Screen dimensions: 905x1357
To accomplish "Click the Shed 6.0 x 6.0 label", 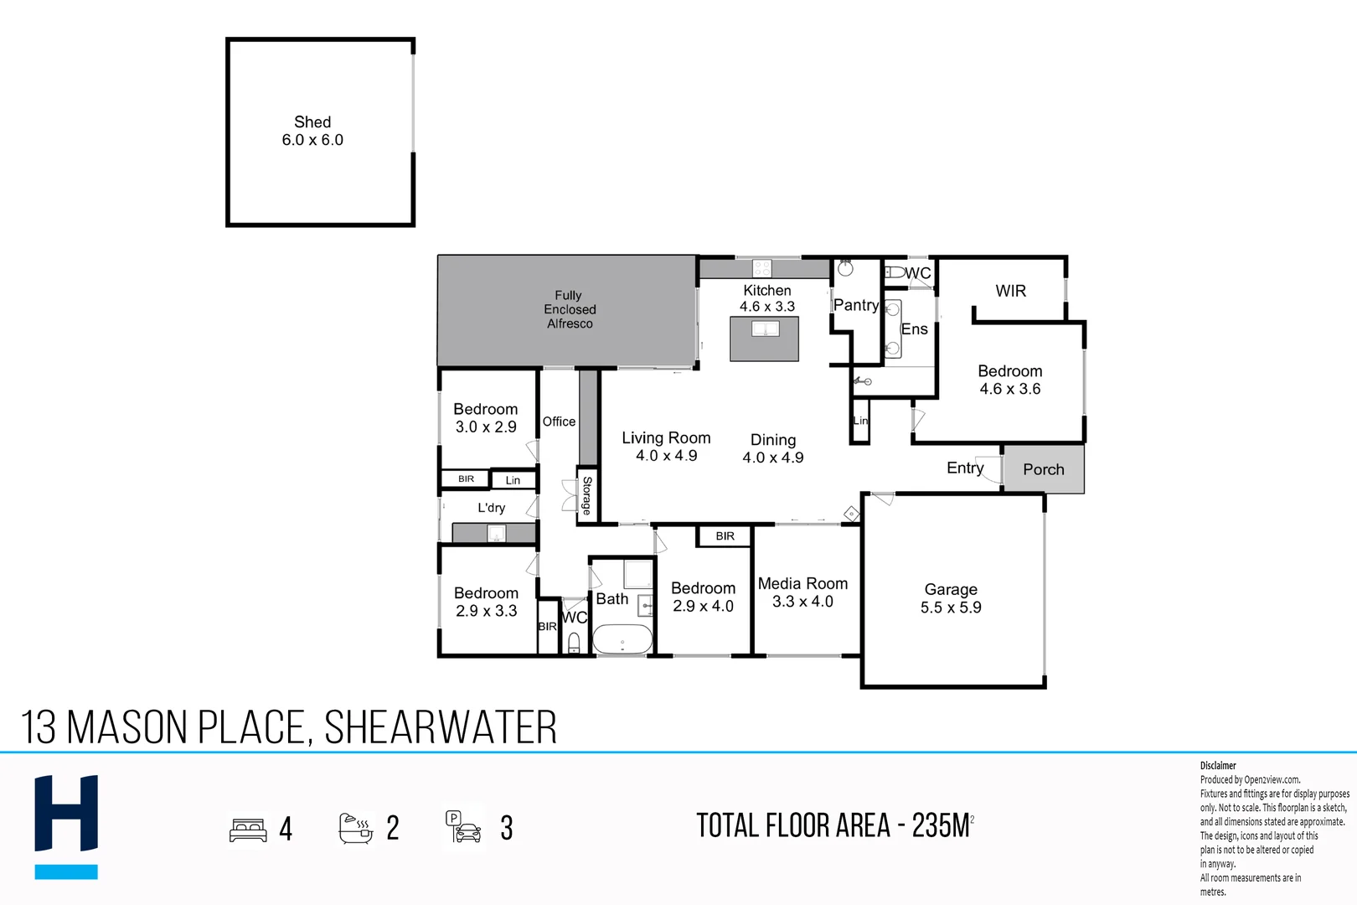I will pyautogui.click(x=312, y=132).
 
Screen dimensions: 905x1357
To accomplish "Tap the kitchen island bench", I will pyautogui.click(x=764, y=339).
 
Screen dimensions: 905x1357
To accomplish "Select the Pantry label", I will pyautogui.click(x=855, y=305).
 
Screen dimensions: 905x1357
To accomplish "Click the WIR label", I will pyautogui.click(x=1010, y=291).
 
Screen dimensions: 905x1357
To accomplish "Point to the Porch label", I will pyautogui.click(x=1043, y=469).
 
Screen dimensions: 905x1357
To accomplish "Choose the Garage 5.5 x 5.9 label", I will pyautogui.click(x=951, y=598).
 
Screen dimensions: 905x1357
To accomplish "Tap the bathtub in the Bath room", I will pyautogui.click(x=622, y=639).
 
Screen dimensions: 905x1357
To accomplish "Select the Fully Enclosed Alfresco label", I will pyautogui.click(x=569, y=309).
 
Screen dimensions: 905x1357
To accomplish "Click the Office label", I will pyautogui.click(x=559, y=421).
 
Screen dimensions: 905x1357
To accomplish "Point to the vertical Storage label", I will pyautogui.click(x=587, y=495).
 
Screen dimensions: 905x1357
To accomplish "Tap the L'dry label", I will pyautogui.click(x=491, y=508).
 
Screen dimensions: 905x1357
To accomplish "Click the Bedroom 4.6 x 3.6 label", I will pyautogui.click(x=1010, y=380).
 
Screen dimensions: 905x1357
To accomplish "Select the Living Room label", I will pyautogui.click(x=666, y=447).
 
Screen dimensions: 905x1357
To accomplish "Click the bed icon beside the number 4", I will pyautogui.click(x=248, y=829).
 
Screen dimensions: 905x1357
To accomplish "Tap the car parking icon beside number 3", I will pyautogui.click(x=463, y=827).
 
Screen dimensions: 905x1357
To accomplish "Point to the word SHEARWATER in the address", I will pyautogui.click(x=441, y=727).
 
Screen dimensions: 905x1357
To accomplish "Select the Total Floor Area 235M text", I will pyautogui.click(x=833, y=825).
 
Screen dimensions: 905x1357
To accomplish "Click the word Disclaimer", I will pyautogui.click(x=1217, y=765).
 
